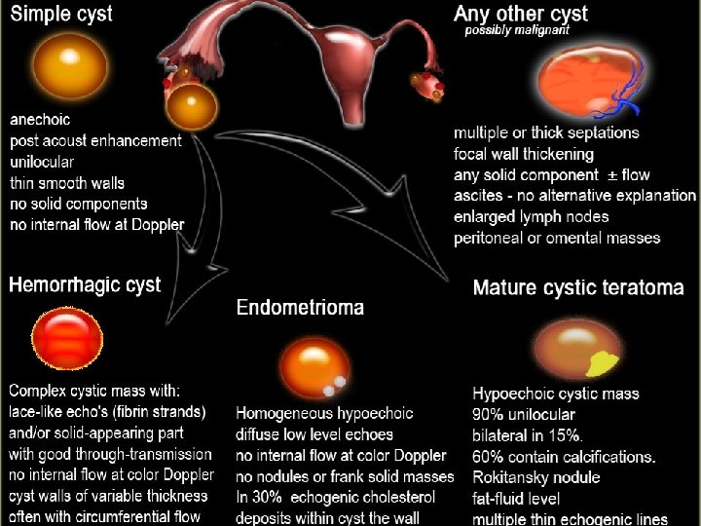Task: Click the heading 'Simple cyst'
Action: [x=61, y=14]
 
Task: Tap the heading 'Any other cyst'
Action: [x=522, y=14]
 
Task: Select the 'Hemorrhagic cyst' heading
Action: [x=85, y=284]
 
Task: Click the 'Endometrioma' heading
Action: [x=300, y=308]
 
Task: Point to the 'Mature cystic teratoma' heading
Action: [x=577, y=288]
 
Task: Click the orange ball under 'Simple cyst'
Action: [x=69, y=64]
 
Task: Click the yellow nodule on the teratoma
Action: [x=605, y=362]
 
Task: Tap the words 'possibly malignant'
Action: [x=517, y=30]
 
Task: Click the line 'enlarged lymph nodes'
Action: [x=532, y=216]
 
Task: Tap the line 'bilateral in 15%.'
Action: [x=527, y=435]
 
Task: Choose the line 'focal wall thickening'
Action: [x=523, y=154]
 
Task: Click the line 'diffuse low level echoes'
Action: [x=314, y=435]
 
